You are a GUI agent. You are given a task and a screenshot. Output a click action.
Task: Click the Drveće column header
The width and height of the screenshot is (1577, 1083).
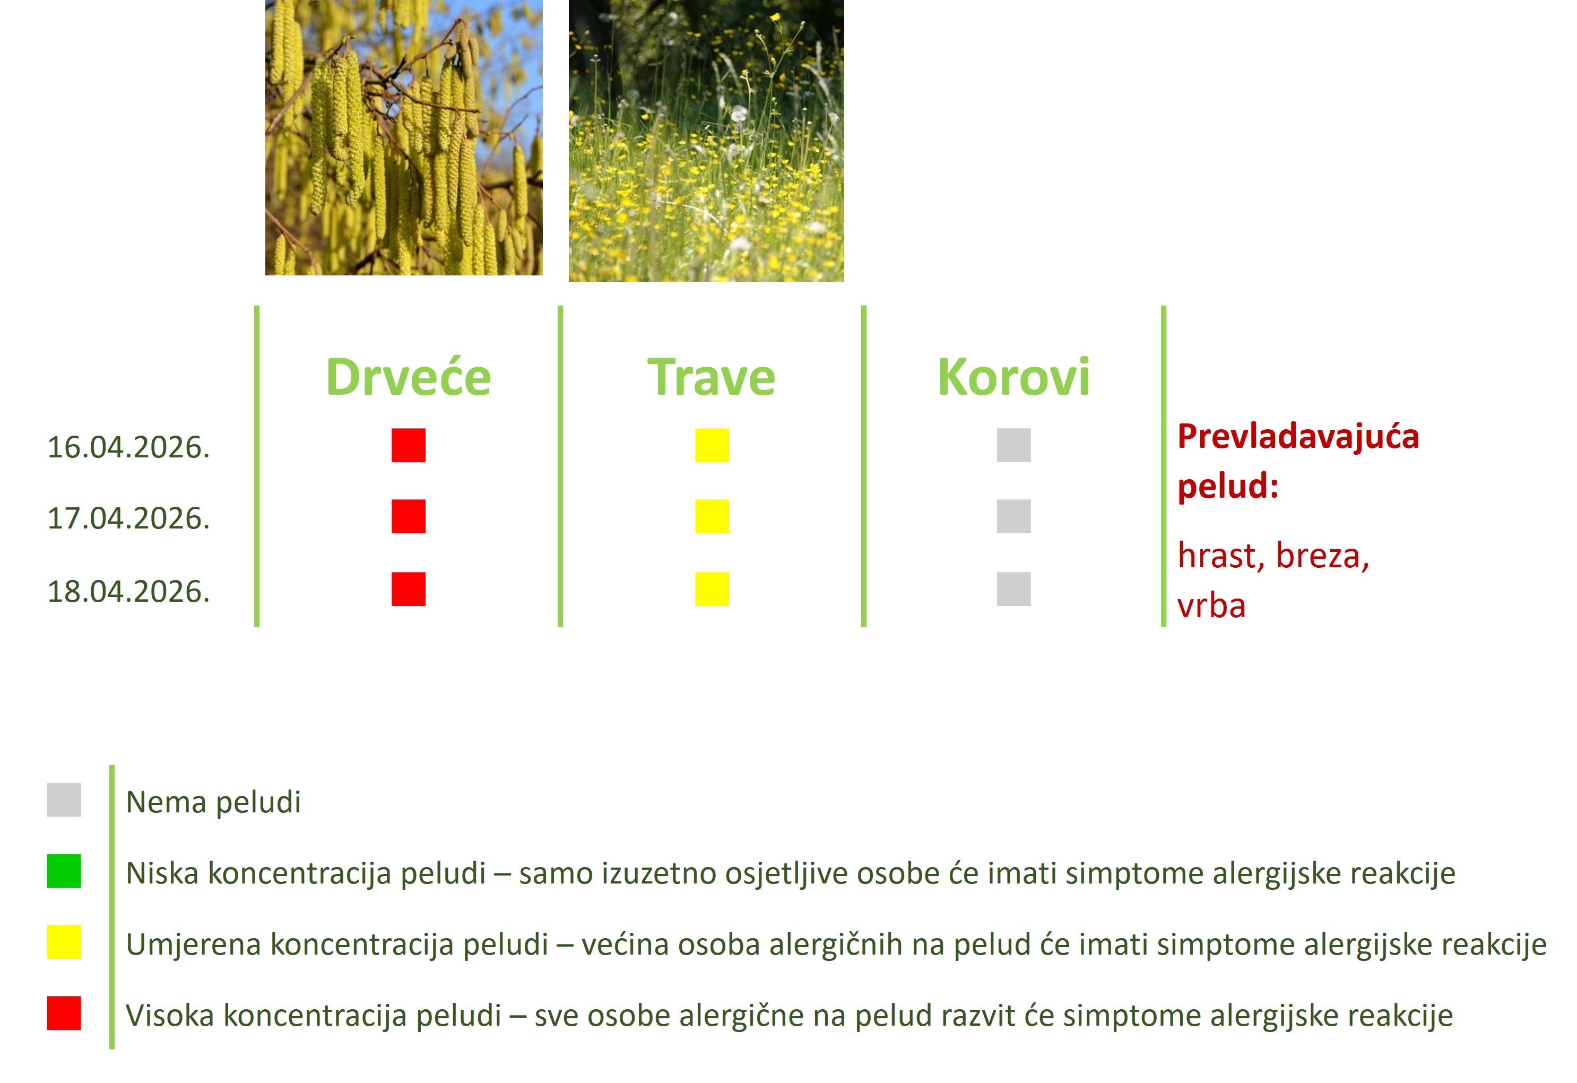[x=409, y=377]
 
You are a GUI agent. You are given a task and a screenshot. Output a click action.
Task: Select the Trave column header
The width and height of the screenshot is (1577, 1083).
[x=711, y=377]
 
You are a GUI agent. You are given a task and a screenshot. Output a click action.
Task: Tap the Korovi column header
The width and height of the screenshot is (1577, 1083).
[x=1014, y=377]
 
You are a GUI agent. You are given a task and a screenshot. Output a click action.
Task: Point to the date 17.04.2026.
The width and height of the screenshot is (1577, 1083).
[x=128, y=518]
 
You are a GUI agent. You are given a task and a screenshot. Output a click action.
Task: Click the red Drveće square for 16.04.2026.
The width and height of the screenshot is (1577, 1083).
[x=409, y=445]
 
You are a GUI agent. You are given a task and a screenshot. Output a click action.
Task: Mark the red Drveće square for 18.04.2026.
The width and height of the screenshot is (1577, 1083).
[x=409, y=589]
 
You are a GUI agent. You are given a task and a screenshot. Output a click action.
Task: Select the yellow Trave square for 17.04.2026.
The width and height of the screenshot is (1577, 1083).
[x=712, y=516]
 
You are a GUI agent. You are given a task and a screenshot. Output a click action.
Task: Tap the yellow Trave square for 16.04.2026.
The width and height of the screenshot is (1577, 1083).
[x=712, y=445]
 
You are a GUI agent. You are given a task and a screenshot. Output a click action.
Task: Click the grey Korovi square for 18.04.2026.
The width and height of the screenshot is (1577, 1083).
[x=1014, y=589]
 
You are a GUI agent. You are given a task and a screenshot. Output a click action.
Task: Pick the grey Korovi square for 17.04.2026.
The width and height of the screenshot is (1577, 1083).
[x=1014, y=516]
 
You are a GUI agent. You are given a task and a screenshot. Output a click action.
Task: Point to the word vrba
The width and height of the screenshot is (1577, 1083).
[x=1211, y=606]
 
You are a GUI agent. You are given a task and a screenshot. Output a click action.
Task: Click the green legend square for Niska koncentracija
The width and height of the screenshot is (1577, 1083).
[x=64, y=871]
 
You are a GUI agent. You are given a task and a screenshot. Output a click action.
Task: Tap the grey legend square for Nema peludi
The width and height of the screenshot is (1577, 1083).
[x=64, y=799]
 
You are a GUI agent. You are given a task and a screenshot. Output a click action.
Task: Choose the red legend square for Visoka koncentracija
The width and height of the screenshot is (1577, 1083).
[x=64, y=1013]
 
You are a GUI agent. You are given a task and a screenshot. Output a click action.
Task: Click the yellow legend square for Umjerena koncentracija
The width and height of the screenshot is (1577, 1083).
[x=64, y=942]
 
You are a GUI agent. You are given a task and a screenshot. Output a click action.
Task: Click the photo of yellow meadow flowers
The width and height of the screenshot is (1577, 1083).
[x=706, y=141]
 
